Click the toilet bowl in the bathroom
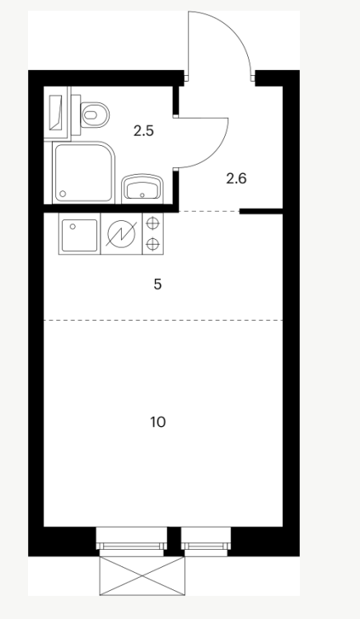[95, 115]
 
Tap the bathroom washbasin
[142, 188]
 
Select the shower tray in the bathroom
[83, 172]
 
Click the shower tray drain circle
[63, 194]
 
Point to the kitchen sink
[79, 234]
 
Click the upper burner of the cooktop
[152, 223]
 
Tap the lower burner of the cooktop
[152, 245]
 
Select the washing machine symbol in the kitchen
[121, 234]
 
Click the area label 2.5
[143, 131]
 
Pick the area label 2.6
[236, 179]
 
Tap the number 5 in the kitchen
[157, 284]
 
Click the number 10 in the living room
[158, 422]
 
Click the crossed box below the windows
[142, 575]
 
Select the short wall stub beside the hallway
[261, 212]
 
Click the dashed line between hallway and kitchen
[209, 212]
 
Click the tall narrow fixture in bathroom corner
[57, 112]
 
